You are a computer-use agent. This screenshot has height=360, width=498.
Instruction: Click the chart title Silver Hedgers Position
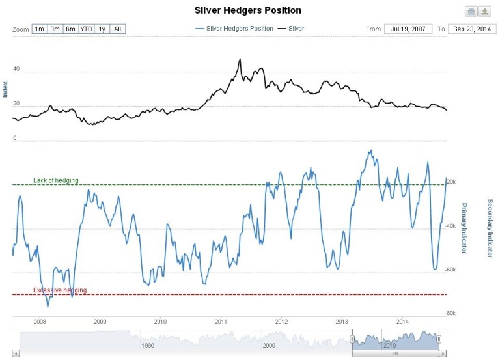248,11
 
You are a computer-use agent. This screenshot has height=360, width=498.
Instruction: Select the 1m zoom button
40,29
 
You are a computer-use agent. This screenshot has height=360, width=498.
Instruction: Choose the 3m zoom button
55,29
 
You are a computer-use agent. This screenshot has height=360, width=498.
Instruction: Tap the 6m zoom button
70,29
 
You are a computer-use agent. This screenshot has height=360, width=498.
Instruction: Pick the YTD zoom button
86,29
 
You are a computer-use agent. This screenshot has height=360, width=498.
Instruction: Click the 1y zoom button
102,29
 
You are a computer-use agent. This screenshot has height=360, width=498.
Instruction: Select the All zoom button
118,29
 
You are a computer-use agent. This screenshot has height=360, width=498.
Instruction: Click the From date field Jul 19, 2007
408,29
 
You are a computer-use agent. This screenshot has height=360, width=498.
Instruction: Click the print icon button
471,11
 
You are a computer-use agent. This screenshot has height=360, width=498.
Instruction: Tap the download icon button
485,11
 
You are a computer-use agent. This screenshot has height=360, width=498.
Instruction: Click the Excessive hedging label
59,290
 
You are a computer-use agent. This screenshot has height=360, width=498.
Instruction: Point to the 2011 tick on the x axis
221,322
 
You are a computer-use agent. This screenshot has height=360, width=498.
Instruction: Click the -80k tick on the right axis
450,313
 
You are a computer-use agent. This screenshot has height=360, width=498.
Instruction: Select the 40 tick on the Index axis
16,68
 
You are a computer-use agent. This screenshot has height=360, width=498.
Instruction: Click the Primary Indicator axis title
465,225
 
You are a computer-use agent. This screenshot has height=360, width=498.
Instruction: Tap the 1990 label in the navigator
148,346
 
